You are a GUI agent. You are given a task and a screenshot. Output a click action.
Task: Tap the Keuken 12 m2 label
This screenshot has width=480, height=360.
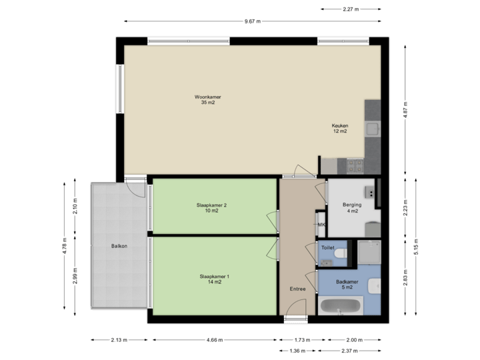340,129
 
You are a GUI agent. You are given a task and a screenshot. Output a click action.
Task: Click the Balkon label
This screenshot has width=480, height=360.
119,247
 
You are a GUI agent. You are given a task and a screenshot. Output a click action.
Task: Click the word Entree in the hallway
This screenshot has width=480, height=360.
297,289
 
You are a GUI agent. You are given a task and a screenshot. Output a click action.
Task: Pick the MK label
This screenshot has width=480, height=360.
321,225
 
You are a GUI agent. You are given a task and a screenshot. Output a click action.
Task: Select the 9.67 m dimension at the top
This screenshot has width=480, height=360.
252,21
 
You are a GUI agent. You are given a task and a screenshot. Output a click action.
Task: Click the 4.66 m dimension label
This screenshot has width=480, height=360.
215,339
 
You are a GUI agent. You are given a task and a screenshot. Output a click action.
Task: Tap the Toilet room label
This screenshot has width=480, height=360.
327,247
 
